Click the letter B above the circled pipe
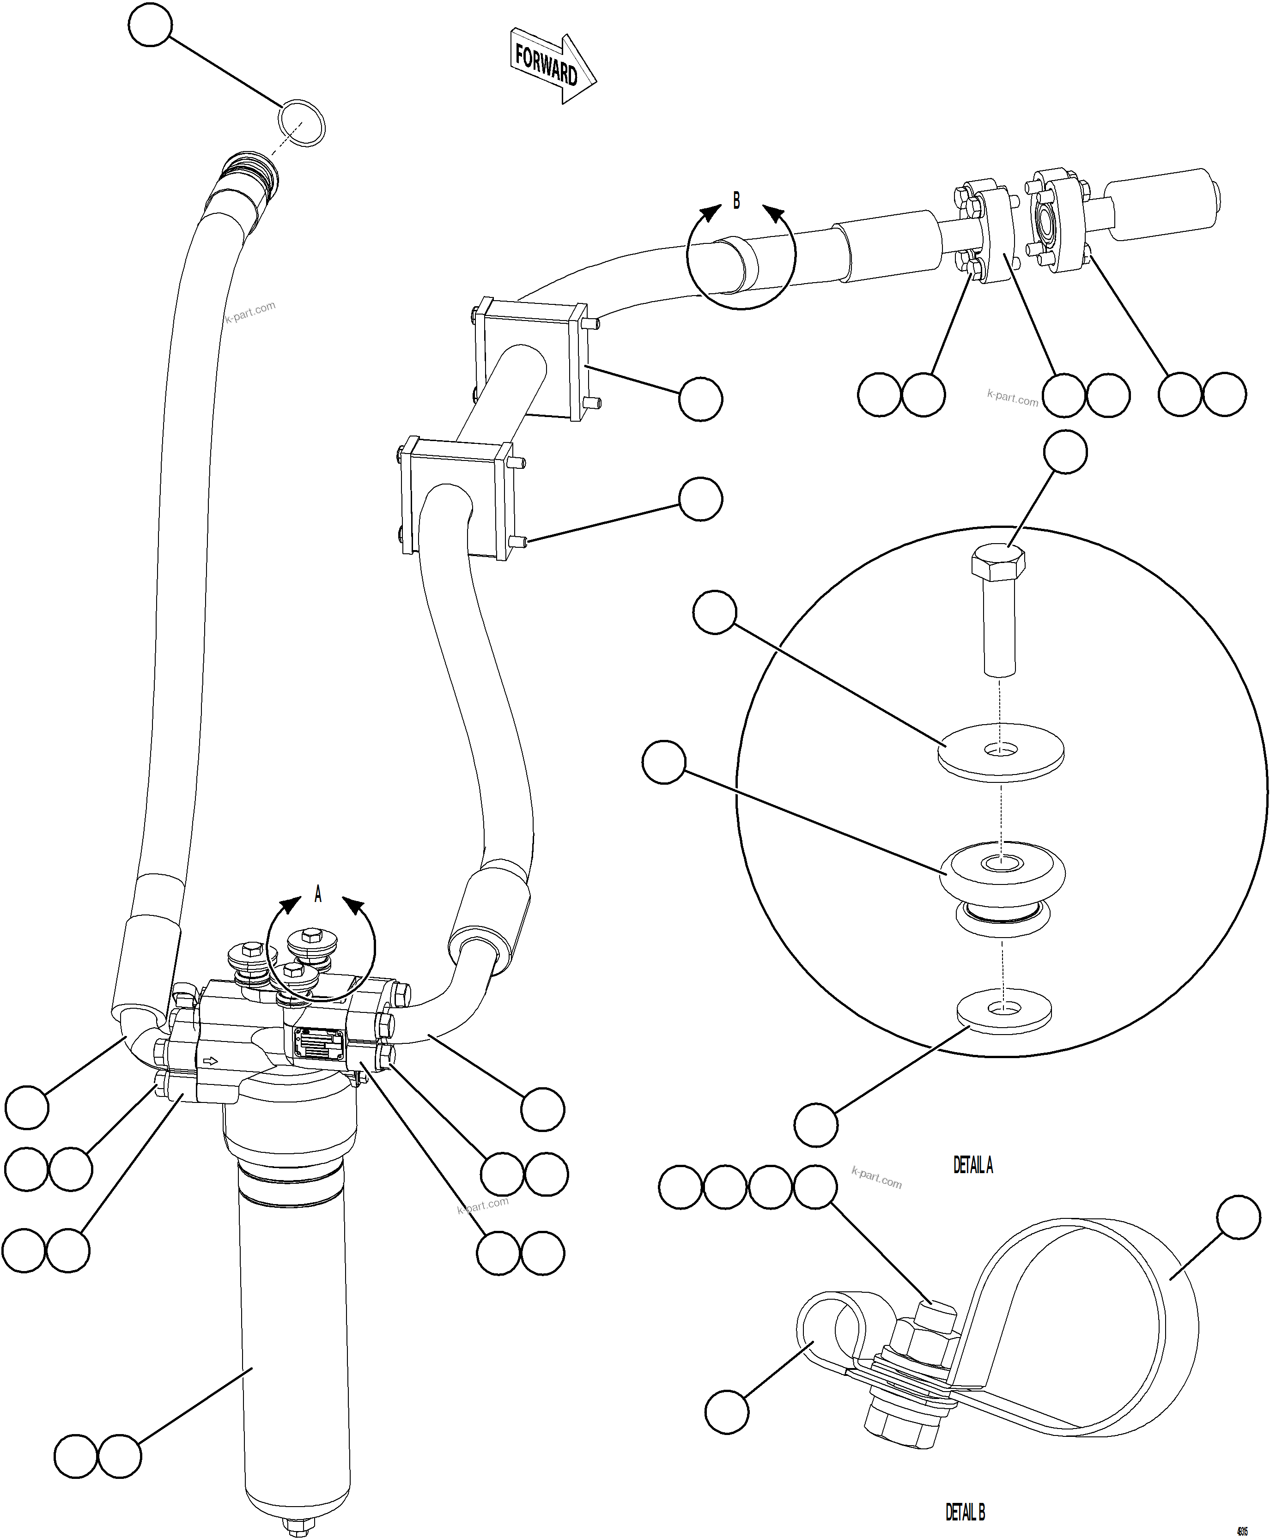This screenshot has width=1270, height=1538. point(737,200)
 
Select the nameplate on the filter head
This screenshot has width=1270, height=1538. point(319,1044)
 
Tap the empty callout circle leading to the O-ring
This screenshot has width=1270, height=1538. point(150,25)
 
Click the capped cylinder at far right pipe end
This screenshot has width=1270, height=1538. point(1163,203)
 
